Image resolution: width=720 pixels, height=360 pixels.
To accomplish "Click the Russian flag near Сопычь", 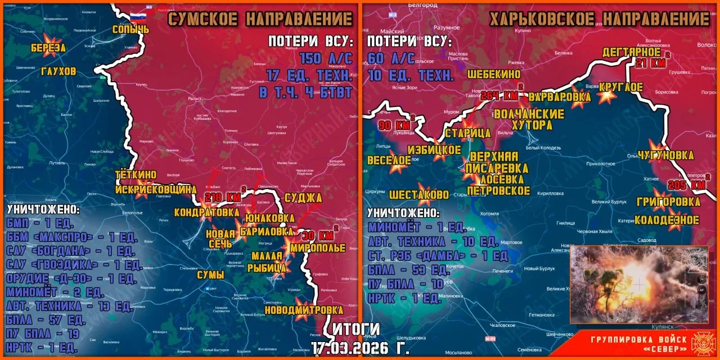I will click(138, 16).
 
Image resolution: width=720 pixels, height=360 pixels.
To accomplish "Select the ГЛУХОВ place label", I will click(58, 71).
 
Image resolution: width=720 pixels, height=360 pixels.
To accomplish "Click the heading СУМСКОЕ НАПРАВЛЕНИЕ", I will click(260, 19).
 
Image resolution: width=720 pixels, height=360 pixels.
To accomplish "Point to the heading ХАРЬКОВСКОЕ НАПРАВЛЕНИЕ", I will click(599, 20).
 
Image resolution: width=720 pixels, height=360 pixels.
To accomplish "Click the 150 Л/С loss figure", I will click(326, 58).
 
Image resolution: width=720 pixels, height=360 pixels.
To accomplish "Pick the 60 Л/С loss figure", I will click(391, 58).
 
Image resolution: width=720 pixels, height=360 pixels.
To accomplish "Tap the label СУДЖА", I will click(303, 197).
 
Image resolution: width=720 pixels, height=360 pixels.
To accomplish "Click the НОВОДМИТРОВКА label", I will click(311, 310).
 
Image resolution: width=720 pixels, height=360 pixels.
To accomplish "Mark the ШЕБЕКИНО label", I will click(493, 74).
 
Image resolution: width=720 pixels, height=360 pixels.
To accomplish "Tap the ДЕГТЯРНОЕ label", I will click(631, 52).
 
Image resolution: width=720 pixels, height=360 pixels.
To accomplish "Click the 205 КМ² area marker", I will click(688, 184).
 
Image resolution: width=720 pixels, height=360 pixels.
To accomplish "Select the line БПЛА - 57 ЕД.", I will click(46, 320).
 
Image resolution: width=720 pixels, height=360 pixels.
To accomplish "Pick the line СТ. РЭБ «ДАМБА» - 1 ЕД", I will click(438, 256).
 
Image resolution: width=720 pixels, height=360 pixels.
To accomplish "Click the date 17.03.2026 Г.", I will click(360, 348).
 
